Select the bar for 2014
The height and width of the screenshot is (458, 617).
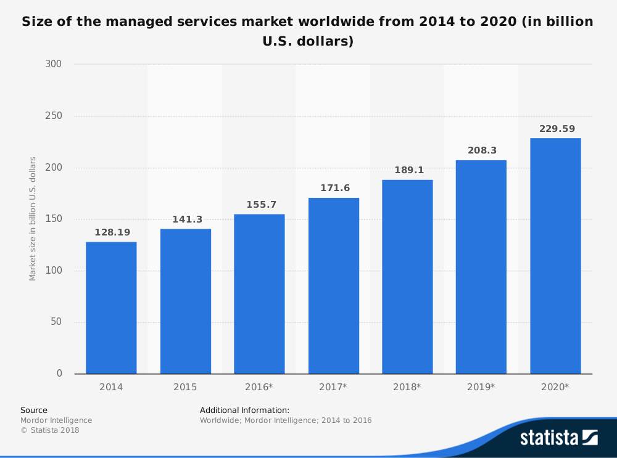point(111,308)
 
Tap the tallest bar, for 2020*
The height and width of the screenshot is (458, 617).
point(555,256)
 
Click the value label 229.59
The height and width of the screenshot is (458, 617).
point(555,129)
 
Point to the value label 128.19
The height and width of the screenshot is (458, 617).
point(111,232)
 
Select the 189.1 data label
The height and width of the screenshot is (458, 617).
point(407,170)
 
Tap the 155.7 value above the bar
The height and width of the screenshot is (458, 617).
point(259,205)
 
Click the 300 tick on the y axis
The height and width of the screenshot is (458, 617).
point(54,64)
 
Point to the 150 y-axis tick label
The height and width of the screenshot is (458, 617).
point(54,219)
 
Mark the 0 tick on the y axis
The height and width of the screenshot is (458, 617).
point(59,374)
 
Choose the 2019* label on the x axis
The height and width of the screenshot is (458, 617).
point(481,387)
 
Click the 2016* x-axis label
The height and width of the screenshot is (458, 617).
point(259,387)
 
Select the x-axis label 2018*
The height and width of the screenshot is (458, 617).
point(407,387)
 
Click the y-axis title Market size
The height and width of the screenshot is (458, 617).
point(33,219)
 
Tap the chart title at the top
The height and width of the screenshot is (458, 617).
point(307,31)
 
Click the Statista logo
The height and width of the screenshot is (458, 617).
point(558,438)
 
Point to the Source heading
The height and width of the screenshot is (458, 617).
point(34,410)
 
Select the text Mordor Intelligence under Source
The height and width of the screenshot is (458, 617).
point(56,420)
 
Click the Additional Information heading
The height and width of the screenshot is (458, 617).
point(244,410)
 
